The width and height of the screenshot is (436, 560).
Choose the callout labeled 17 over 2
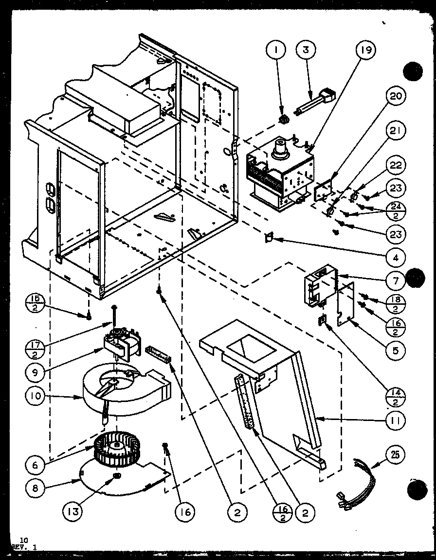click(35, 348)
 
